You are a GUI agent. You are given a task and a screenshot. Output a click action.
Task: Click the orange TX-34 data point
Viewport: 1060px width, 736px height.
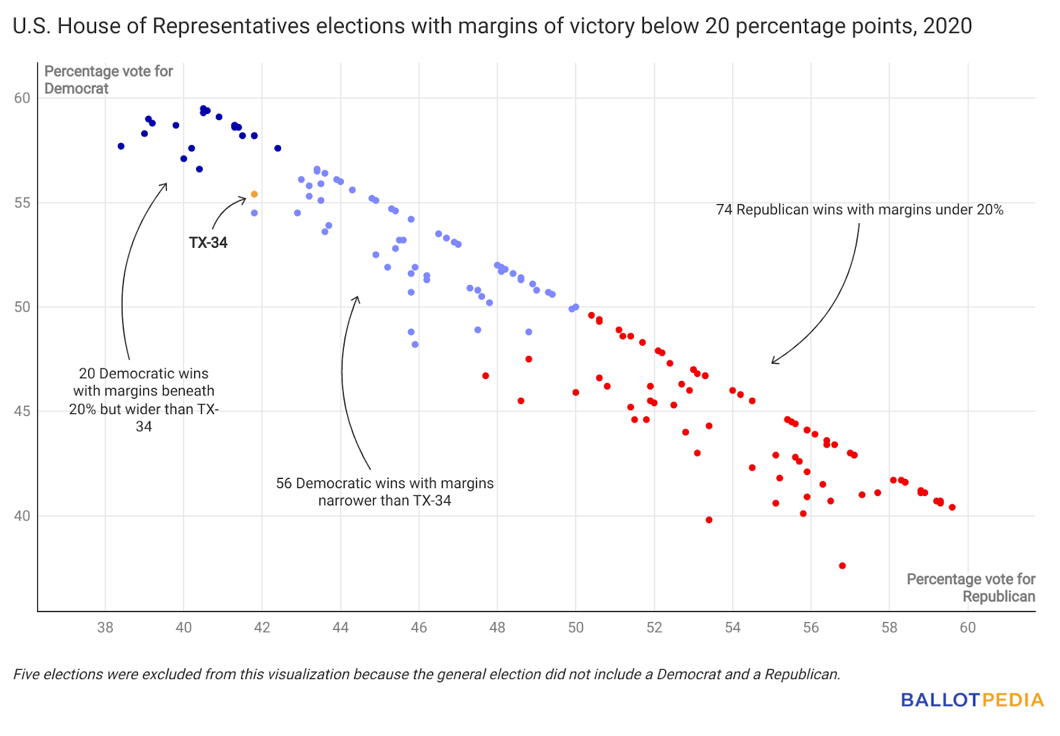254,194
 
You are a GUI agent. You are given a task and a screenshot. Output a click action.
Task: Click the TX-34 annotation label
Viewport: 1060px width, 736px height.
208,242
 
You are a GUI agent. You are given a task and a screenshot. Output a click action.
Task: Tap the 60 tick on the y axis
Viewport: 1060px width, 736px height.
22,98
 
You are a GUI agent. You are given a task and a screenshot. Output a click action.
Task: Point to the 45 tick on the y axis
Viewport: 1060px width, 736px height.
22,411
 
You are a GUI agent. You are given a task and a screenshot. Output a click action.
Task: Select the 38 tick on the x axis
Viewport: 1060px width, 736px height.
105,627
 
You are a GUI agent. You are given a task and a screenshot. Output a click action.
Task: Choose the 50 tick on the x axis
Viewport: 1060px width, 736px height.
576,627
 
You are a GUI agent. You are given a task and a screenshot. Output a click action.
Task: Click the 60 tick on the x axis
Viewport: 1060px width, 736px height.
968,627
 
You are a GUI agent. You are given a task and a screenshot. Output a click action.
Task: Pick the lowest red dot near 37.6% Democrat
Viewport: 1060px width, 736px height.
842,566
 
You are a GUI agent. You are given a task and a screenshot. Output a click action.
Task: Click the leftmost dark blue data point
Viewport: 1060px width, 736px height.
121,146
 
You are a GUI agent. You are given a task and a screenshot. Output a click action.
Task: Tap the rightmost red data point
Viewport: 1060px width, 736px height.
952,507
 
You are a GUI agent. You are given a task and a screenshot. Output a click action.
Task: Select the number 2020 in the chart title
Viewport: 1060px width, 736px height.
947,26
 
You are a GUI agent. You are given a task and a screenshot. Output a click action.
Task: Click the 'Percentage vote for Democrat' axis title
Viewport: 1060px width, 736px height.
108,79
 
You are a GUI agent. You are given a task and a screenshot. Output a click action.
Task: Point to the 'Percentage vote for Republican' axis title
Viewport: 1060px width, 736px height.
971,588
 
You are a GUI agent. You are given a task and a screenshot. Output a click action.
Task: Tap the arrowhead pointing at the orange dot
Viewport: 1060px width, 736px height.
244,198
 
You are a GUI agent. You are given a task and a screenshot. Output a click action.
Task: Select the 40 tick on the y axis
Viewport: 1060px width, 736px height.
22,516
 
